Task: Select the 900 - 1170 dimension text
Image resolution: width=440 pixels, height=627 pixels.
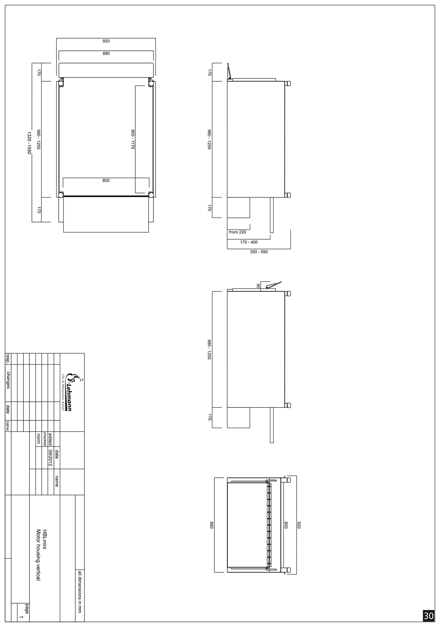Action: click(x=133, y=139)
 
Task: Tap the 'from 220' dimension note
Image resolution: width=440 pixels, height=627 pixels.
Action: click(x=238, y=232)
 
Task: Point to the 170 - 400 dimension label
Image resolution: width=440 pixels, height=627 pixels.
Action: click(x=249, y=242)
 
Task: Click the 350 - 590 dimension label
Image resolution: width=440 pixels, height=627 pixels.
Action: click(x=259, y=252)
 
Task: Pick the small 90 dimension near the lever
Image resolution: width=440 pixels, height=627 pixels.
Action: click(x=258, y=286)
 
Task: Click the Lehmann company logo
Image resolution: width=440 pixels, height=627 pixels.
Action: click(x=69, y=392)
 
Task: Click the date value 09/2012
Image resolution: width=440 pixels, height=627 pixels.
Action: click(x=50, y=458)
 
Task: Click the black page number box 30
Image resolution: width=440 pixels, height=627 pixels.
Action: click(x=428, y=616)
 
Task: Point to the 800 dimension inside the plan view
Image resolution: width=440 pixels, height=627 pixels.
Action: click(x=106, y=181)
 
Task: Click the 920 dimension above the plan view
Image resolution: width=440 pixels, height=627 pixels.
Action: click(x=106, y=41)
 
